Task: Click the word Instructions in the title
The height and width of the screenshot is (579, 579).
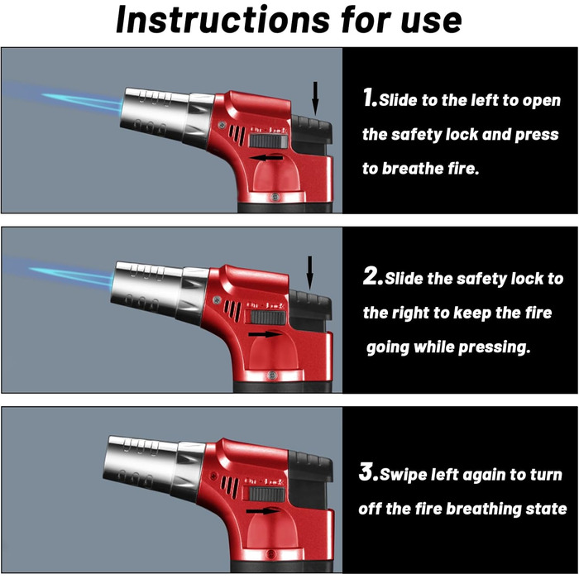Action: coord(223,20)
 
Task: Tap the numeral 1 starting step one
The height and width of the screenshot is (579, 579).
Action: coord(370,98)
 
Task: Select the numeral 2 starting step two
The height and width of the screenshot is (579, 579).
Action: coord(372,275)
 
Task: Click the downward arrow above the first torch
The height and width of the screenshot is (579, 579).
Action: coord(315,98)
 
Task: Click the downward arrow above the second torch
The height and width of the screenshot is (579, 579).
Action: coord(310,273)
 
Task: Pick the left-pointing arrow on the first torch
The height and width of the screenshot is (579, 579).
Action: coord(266,158)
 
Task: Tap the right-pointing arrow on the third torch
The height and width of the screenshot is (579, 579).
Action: coord(263,511)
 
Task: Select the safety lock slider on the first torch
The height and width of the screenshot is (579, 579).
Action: coord(269,141)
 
